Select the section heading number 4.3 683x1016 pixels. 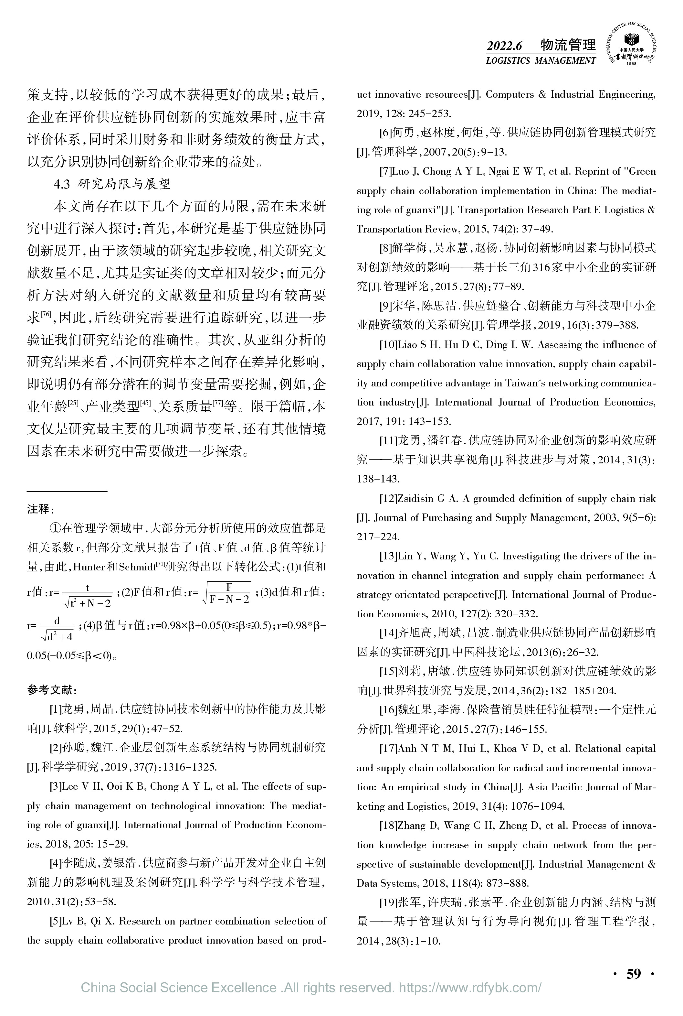click(x=61, y=184)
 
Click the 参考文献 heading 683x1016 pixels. click(x=52, y=690)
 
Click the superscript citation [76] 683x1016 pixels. click(x=46, y=314)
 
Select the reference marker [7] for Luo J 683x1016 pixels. click(x=385, y=172)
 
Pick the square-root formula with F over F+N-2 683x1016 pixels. click(x=227, y=593)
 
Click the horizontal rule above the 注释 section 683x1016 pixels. click(x=67, y=492)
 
